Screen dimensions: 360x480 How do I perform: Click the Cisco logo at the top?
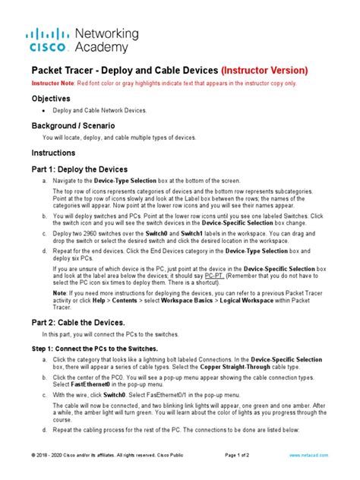click(49, 39)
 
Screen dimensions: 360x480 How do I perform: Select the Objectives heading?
click(52, 99)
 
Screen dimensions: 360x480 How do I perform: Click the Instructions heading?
click(55, 152)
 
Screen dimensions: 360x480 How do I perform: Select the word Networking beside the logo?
click(106, 34)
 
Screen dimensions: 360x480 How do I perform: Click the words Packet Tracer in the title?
click(63, 71)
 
